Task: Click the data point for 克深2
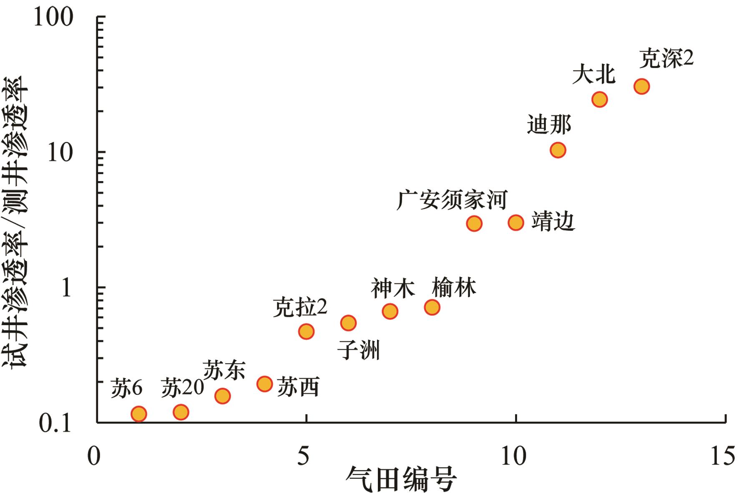(641, 86)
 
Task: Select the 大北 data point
(599, 99)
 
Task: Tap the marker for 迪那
(558, 150)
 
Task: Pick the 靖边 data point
(516, 222)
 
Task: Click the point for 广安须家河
(474, 223)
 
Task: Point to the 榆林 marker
(432, 308)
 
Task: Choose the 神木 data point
(390, 311)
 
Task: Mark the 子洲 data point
(348, 323)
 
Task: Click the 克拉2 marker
(306, 331)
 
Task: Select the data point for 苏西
(264, 384)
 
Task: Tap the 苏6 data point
(138, 414)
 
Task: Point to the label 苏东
(224, 370)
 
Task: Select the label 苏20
(182, 387)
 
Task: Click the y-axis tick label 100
(53, 18)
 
